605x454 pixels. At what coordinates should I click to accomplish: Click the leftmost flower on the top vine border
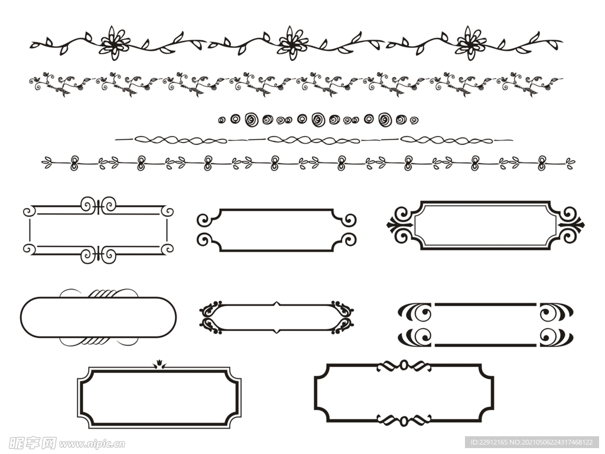tap(115, 43)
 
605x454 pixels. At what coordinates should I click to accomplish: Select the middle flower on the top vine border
tap(293, 43)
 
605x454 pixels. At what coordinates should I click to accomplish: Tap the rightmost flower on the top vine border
tap(471, 43)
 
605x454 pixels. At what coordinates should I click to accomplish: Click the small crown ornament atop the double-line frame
tap(159, 364)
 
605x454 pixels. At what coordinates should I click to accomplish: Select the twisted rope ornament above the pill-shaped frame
tap(102, 293)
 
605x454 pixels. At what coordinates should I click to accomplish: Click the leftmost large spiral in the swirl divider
tap(252, 119)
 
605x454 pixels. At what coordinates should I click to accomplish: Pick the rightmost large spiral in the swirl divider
tap(385, 119)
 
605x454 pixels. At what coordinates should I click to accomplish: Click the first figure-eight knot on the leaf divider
tap(74, 163)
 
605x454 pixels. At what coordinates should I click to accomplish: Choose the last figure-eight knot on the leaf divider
tap(542, 163)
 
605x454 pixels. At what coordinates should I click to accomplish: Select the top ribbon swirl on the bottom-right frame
tap(404, 365)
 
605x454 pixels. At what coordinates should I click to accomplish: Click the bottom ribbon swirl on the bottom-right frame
tap(404, 420)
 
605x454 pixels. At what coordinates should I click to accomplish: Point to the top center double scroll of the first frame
tap(99, 205)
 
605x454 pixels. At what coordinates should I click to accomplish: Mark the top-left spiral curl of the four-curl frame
tap(204, 220)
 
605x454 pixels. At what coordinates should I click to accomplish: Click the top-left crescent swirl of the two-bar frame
tap(415, 312)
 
